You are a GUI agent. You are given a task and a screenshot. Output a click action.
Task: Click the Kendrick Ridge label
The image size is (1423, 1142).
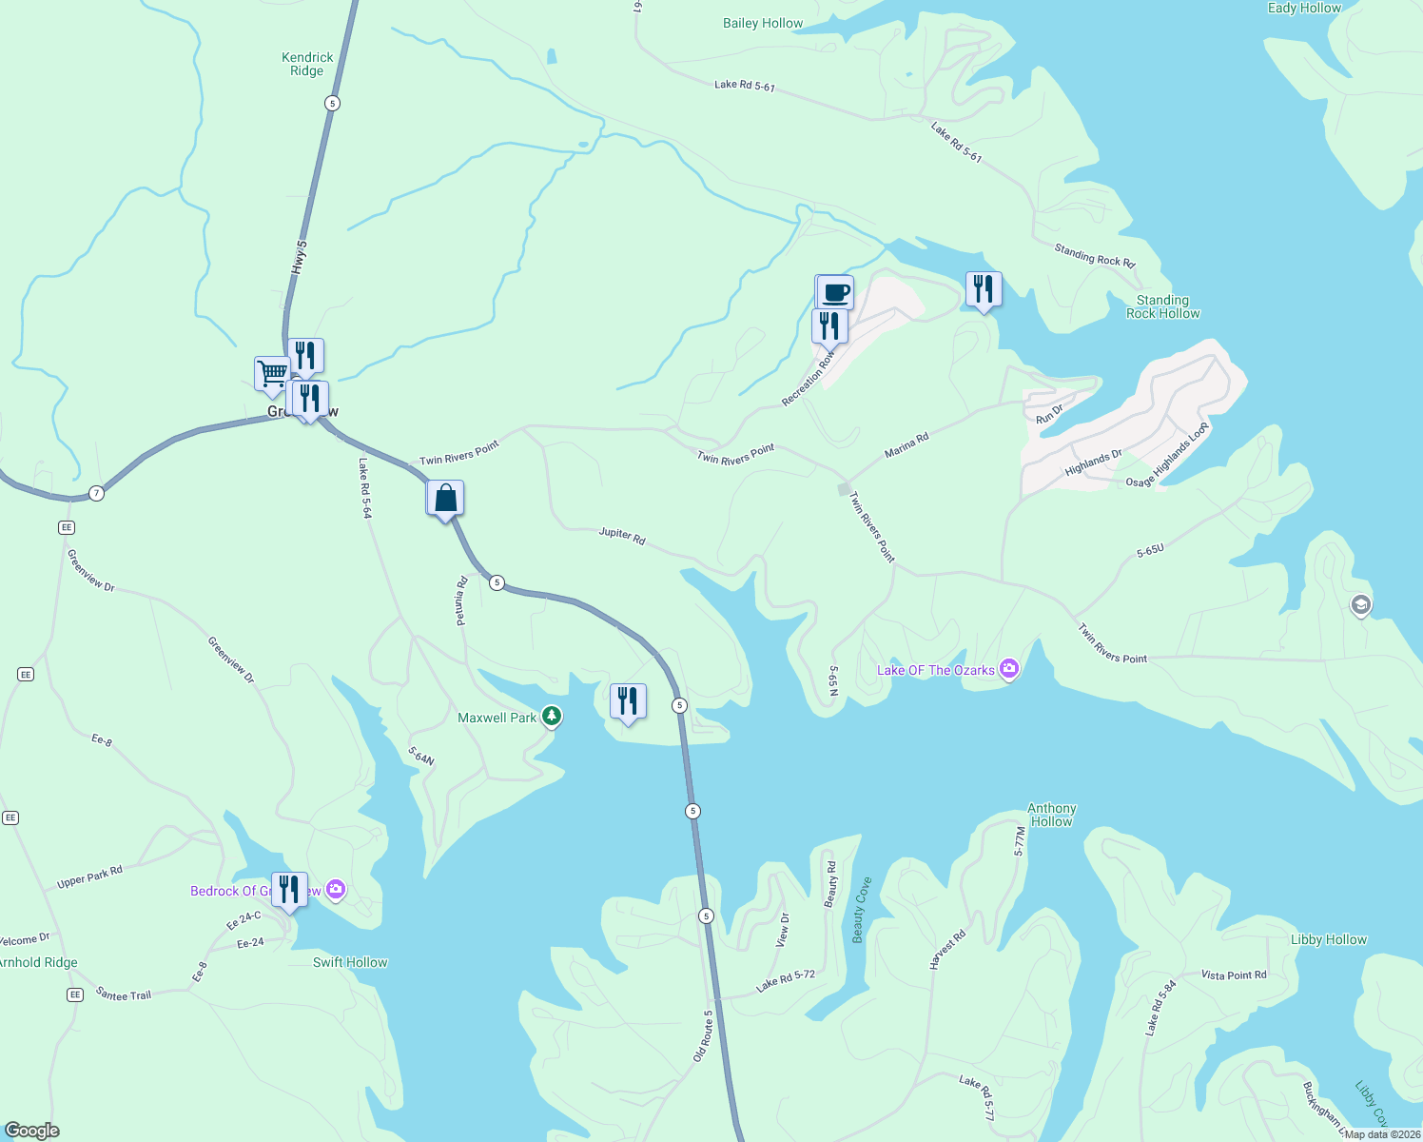[307, 64]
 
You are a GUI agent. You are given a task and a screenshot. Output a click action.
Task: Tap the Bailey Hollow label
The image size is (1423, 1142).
[763, 23]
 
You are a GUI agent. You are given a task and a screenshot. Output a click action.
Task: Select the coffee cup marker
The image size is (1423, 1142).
[835, 292]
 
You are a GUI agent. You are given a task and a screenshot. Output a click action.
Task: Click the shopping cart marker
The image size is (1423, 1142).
[272, 373]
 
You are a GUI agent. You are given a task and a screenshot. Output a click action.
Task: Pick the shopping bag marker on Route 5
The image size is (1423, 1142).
[445, 498]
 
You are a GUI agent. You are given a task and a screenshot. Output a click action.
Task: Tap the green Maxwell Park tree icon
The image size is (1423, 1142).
[551, 717]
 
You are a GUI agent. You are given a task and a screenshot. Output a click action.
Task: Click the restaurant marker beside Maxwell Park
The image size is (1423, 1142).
[628, 701]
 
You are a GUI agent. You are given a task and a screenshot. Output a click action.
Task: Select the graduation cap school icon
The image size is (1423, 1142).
[1361, 604]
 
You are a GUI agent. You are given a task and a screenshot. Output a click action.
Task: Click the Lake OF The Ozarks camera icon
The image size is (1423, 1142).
[1009, 669]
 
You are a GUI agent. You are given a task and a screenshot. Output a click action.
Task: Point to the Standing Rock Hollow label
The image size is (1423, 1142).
[1162, 306]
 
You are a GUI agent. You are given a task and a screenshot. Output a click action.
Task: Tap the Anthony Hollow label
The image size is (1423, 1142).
[1051, 815]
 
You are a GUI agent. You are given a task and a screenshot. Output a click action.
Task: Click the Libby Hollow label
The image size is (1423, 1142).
[1328, 939]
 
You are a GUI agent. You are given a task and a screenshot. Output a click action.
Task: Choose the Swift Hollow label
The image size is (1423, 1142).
[350, 962]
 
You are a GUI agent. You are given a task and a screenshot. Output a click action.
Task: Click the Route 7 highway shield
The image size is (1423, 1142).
[96, 493]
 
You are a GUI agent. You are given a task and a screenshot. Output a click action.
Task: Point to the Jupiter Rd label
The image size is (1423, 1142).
[622, 535]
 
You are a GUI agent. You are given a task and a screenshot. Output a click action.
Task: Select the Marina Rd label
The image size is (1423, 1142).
[906, 445]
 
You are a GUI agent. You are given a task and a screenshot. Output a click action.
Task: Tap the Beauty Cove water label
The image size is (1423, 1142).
[862, 910]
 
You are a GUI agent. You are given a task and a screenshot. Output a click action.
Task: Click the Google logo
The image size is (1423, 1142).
[32, 1130]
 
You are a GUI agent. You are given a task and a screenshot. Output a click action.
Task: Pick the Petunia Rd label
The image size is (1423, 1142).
[461, 601]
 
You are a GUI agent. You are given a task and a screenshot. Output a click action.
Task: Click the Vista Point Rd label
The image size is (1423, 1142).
[1234, 975]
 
